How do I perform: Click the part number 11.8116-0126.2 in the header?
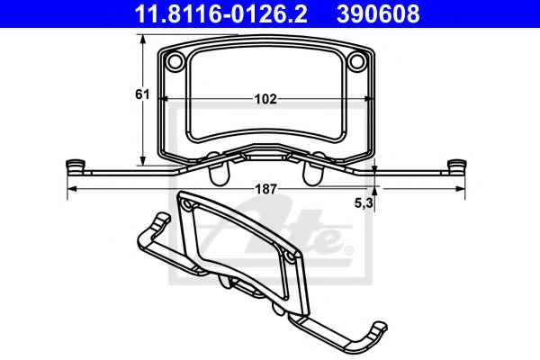pyautogui.click(x=220, y=14)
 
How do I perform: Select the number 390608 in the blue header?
pyautogui.click(x=378, y=14)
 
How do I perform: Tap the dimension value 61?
pyautogui.click(x=142, y=94)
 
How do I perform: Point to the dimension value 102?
pyautogui.click(x=265, y=99)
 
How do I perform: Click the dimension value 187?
pyautogui.click(x=265, y=189)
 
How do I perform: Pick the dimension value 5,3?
pyautogui.click(x=364, y=203)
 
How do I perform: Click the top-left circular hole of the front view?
pyautogui.click(x=175, y=62)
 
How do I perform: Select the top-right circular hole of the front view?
pyautogui.click(x=356, y=62)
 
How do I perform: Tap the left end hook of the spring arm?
pyautogui.click(x=75, y=167)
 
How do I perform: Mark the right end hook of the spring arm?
pyautogui.click(x=457, y=167)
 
